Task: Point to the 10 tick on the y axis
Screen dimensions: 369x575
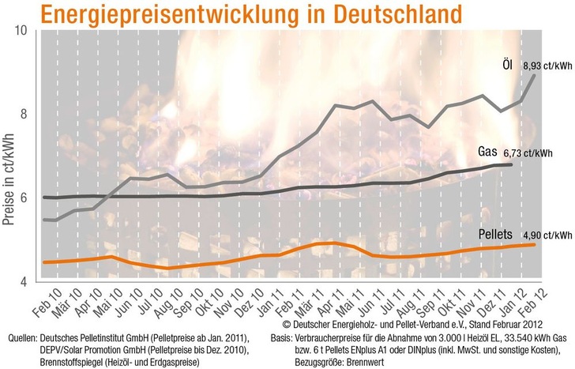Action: (x=23, y=31)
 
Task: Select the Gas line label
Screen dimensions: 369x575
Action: (x=491, y=151)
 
